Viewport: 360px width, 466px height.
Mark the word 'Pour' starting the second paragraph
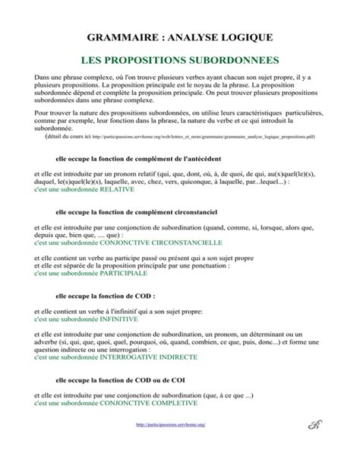[42, 111]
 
